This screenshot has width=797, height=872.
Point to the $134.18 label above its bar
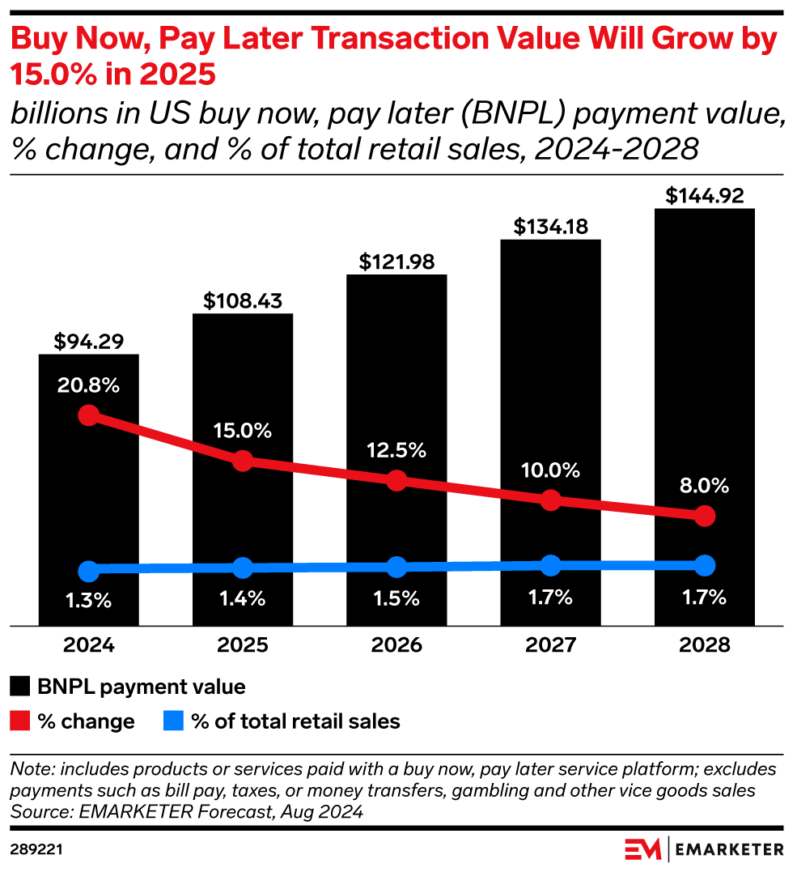pyautogui.click(x=550, y=227)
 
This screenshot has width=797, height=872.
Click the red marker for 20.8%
pyautogui.click(x=89, y=415)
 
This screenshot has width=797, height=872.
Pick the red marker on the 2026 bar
pyautogui.click(x=396, y=480)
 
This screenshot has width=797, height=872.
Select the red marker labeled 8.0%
pyautogui.click(x=705, y=516)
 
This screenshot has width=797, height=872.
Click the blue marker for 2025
pyautogui.click(x=242, y=568)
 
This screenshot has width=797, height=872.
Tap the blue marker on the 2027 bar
pyautogui.click(x=550, y=565)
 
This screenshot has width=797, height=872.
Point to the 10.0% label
pyautogui.click(x=550, y=470)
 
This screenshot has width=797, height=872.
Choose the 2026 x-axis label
pyautogui.click(x=396, y=645)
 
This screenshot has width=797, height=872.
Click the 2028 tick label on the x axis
pyautogui.click(x=704, y=645)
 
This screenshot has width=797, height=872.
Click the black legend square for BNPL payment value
pyautogui.click(x=20, y=687)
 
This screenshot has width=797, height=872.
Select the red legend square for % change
pyautogui.click(x=20, y=721)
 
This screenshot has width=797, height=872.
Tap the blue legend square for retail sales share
pyautogui.click(x=173, y=721)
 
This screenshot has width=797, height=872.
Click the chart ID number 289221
pyautogui.click(x=37, y=849)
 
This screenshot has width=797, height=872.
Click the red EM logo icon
pyautogui.click(x=643, y=849)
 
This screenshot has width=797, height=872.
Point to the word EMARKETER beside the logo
pyautogui.click(x=728, y=849)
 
